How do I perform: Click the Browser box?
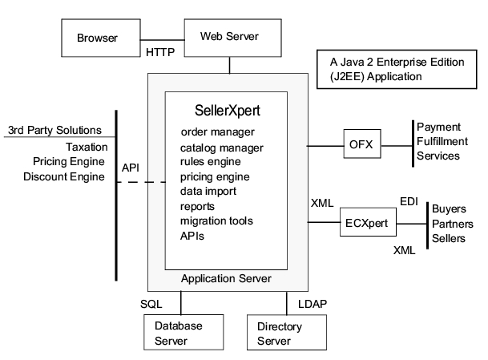[x=98, y=38]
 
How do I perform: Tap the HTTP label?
[x=161, y=53]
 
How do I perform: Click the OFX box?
[x=361, y=145]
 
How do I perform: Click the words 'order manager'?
[x=218, y=131]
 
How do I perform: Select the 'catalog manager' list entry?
[x=222, y=147]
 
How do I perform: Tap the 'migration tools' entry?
[x=216, y=220]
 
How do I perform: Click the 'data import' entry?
[x=208, y=192]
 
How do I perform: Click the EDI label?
[x=409, y=199]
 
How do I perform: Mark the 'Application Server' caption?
[x=226, y=278]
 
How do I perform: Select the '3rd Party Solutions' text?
[x=55, y=130]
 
